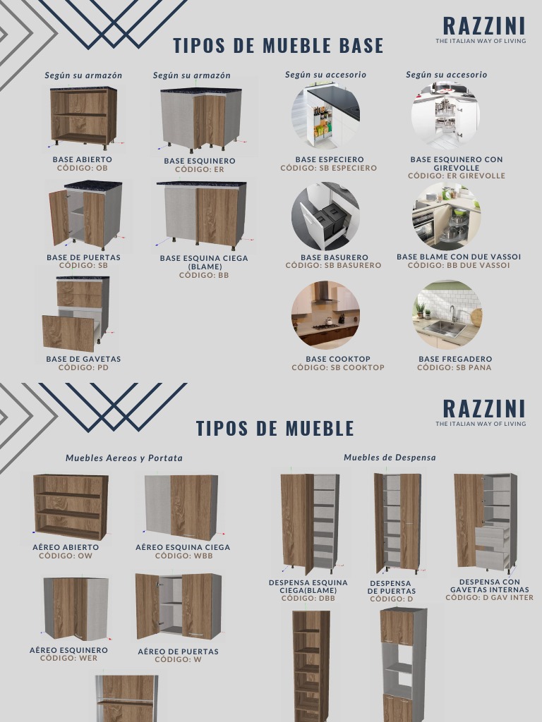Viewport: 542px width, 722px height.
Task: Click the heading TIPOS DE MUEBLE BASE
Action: (278, 46)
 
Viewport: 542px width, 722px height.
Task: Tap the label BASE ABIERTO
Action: (83, 159)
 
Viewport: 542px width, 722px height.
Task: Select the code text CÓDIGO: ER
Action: (200, 169)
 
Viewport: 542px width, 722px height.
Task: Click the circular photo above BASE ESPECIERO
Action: (325, 115)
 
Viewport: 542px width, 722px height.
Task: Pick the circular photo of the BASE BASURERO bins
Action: (325, 216)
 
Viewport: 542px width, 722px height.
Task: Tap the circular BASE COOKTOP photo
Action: (325, 315)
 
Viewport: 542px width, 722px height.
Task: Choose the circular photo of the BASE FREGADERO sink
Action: (447, 315)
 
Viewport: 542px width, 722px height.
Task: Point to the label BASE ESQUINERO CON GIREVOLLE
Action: (457, 164)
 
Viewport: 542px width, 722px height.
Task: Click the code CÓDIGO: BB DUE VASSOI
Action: (459, 265)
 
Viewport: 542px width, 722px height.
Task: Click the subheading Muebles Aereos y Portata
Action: (124, 458)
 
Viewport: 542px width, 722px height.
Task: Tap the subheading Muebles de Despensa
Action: (390, 458)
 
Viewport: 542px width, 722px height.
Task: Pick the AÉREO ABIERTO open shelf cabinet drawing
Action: (71, 506)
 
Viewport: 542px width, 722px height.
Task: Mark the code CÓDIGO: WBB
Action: (183, 556)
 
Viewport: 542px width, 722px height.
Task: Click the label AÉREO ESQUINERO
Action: (68, 650)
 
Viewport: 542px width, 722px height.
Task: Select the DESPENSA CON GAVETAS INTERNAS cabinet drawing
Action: (485, 522)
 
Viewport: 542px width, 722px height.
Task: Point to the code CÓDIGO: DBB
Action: (308, 599)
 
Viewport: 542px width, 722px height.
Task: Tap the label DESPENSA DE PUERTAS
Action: (392, 587)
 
